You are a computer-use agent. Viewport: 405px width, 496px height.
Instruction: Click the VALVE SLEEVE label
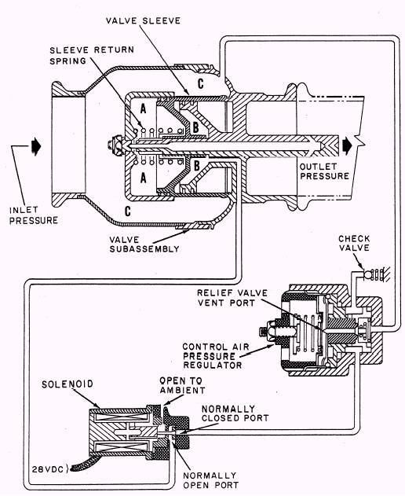point(143,21)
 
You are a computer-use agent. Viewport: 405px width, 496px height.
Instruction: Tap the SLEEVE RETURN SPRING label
point(92,55)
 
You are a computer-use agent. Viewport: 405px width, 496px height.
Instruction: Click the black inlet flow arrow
point(36,147)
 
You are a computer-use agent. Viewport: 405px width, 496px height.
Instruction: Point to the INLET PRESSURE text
point(34,215)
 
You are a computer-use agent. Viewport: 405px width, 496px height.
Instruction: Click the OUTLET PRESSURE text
point(324,171)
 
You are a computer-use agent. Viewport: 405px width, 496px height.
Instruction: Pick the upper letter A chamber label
point(143,108)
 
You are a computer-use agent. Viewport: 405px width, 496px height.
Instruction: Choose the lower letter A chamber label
point(143,178)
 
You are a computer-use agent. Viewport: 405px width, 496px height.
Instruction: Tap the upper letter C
point(201,83)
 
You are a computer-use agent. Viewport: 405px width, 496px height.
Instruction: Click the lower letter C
point(128,211)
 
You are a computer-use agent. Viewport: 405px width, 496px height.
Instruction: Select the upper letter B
point(195,127)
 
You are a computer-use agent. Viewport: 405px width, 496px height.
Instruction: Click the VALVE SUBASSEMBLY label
point(144,244)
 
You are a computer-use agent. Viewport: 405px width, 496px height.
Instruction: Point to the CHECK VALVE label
point(354,243)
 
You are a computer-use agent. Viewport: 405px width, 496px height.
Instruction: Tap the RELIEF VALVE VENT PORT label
point(232,298)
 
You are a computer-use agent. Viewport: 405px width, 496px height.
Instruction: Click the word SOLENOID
point(67,384)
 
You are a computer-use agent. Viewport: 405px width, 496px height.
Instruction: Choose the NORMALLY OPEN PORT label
point(210,480)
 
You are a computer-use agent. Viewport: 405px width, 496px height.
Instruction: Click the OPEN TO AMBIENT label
point(182,385)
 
